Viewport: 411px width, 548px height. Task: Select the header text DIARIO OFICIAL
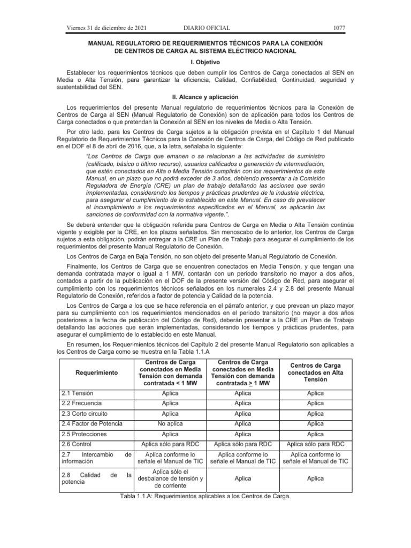[x=207, y=28]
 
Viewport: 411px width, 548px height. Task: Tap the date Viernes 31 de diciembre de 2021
[x=106, y=28]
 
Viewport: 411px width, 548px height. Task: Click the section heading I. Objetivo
[x=205, y=62]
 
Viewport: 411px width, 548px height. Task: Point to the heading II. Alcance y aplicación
[x=205, y=97]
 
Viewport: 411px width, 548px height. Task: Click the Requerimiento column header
[x=96, y=371]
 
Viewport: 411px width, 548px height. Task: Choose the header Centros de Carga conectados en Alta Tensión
[x=315, y=371]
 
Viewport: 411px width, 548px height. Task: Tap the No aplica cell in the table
[x=170, y=424]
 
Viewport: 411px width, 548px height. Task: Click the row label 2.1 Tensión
[x=78, y=393]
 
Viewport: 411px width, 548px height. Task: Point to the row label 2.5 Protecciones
[x=84, y=434]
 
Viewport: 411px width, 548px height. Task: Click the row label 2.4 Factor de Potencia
[x=92, y=424]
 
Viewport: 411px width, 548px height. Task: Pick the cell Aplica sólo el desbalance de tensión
[x=170, y=478]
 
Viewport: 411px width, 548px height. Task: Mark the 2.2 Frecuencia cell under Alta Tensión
[x=315, y=403]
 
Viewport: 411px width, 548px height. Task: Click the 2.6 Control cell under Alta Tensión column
[x=315, y=444]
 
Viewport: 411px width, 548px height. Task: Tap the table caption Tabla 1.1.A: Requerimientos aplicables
[x=205, y=496]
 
